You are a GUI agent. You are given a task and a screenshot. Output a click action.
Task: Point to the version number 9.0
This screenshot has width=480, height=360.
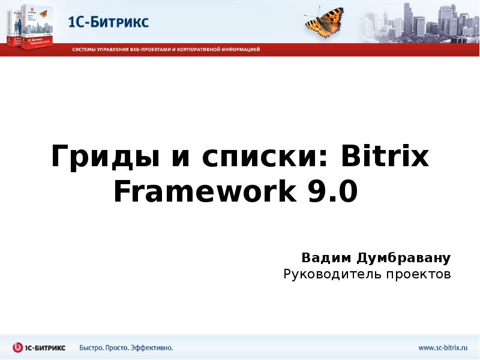coord(334,193)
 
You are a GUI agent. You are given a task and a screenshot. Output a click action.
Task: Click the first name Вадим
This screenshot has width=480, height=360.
coord(327,259)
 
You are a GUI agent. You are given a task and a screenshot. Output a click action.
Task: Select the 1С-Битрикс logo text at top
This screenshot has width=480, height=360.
coord(108,22)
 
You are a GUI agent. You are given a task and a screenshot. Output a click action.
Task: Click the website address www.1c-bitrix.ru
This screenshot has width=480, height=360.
coord(443,347)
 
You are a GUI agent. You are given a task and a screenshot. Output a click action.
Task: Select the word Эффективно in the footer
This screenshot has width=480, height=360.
coord(154,347)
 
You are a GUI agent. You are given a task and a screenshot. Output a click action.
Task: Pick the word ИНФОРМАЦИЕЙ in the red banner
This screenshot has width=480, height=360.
coord(239,50)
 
